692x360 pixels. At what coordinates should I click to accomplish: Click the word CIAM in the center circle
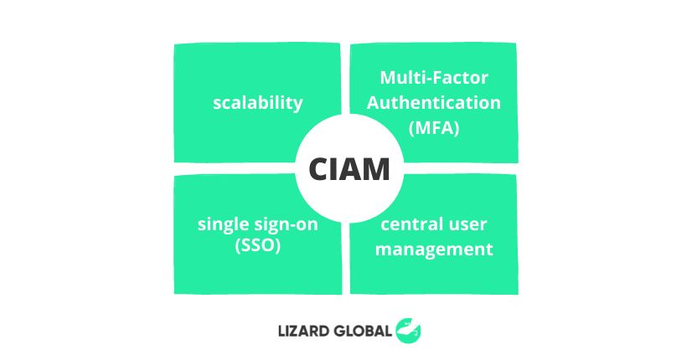tap(349, 169)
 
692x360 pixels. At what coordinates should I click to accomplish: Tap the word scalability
tap(258, 103)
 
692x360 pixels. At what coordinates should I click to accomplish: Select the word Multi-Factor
tap(434, 78)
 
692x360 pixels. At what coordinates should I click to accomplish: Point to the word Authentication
tap(434, 103)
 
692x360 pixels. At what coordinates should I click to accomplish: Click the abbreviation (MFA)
tap(434, 128)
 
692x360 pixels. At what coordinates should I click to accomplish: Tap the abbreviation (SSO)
tap(258, 245)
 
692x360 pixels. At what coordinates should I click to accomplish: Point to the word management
tap(434, 249)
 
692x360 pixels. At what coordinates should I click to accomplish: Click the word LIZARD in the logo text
tap(303, 331)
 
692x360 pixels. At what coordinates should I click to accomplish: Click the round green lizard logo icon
tap(408, 331)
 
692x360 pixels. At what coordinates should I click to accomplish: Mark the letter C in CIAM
tap(318, 169)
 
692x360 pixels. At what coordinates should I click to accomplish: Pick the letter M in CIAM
tap(375, 169)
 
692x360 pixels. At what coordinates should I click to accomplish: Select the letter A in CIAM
tap(350, 169)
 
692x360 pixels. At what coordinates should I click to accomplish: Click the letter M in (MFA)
tap(423, 128)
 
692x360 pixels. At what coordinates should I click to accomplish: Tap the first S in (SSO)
tap(245, 244)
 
